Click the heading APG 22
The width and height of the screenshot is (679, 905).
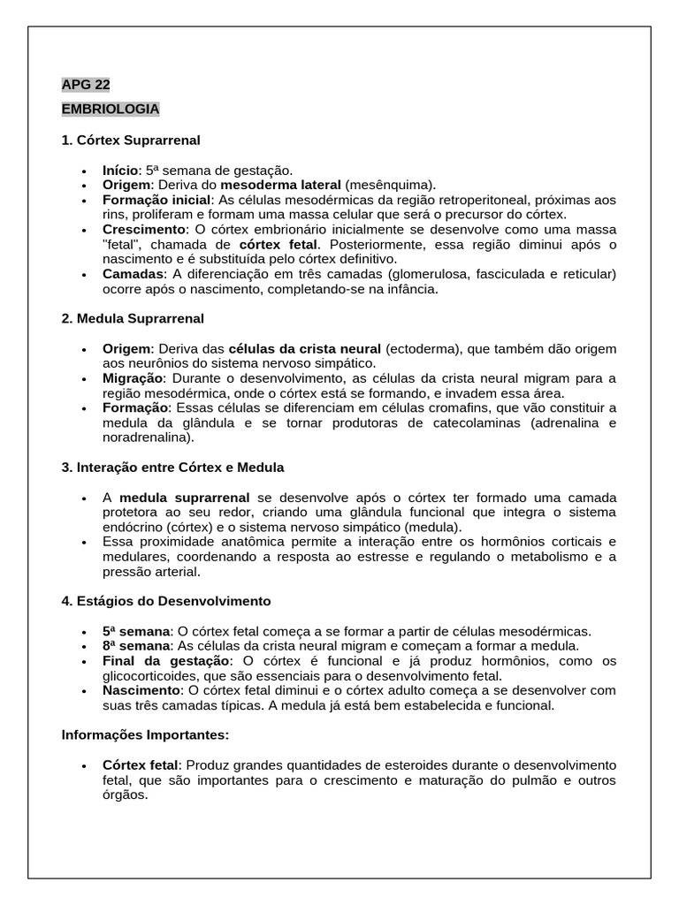pyautogui.click(x=86, y=85)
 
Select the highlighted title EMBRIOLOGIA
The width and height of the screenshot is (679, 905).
pyautogui.click(x=111, y=109)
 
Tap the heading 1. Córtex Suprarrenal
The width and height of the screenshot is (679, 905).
pyautogui.click(x=131, y=140)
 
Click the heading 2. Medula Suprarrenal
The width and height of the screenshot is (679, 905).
pyautogui.click(x=133, y=317)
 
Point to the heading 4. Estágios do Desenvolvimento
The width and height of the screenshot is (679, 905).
pyautogui.click(x=166, y=600)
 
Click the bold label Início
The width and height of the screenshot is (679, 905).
pyautogui.click(x=121, y=170)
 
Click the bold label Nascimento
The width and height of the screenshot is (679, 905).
pyautogui.click(x=141, y=690)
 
